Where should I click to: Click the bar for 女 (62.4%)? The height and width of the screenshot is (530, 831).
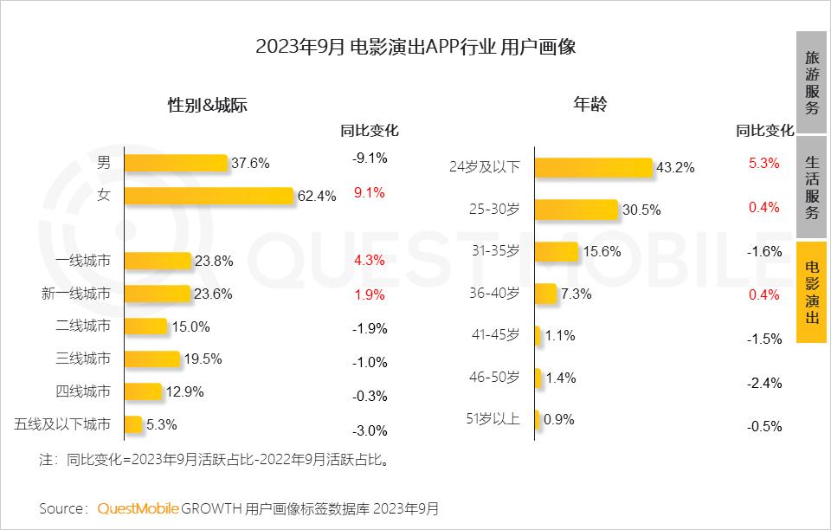click(209, 196)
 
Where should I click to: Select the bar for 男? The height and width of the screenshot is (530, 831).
click(176, 163)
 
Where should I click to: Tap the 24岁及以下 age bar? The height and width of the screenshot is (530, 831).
click(593, 167)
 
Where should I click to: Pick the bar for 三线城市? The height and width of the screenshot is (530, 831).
click(151, 359)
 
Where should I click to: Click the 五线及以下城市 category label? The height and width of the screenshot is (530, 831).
click(63, 424)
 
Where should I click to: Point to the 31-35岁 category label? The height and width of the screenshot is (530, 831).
click(496, 251)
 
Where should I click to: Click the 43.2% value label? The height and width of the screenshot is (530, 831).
click(675, 168)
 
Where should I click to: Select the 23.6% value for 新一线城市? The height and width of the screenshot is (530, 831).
click(213, 294)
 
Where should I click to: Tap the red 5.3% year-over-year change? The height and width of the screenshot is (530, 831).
click(764, 163)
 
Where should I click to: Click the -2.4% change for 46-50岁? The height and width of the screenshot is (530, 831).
click(764, 383)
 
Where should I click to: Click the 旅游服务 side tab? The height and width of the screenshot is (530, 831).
click(811, 82)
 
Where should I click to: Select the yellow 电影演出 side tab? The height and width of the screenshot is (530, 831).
click(811, 293)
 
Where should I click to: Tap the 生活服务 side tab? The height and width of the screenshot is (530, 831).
click(811, 187)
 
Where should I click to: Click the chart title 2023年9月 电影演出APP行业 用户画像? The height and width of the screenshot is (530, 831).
click(415, 47)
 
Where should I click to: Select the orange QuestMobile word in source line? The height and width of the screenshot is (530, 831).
click(138, 508)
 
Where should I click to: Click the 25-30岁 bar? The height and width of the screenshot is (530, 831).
click(576, 210)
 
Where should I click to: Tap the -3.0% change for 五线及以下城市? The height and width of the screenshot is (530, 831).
click(370, 430)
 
